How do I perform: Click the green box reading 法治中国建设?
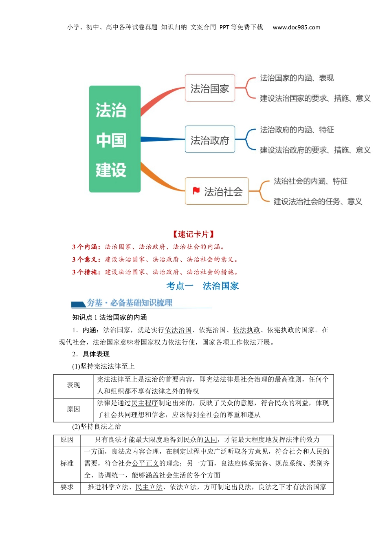tap(114, 139)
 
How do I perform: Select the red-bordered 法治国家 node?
tap(210, 88)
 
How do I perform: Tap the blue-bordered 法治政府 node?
tap(210, 140)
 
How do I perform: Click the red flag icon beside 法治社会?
tap(196, 191)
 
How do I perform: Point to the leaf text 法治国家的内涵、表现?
tap(297, 78)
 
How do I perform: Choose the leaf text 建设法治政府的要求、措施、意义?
tap(315, 150)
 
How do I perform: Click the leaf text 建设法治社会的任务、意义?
tap(317, 201)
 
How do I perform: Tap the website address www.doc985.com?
tap(296, 27)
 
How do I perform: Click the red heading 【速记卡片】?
tap(193, 234)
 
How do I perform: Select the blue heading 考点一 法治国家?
tap(202, 286)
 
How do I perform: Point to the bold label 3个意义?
tap(86, 259)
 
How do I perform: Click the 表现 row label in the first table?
tap(73, 385)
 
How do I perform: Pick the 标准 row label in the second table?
tap(67, 463)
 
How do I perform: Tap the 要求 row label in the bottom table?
tap(67, 487)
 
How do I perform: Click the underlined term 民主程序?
tap(144, 403)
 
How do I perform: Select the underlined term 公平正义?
tap(145, 463)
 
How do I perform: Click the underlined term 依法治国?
tap(178, 330)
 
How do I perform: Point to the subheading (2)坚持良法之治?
tap(97, 426)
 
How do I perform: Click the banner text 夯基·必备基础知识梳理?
tap(129, 303)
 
